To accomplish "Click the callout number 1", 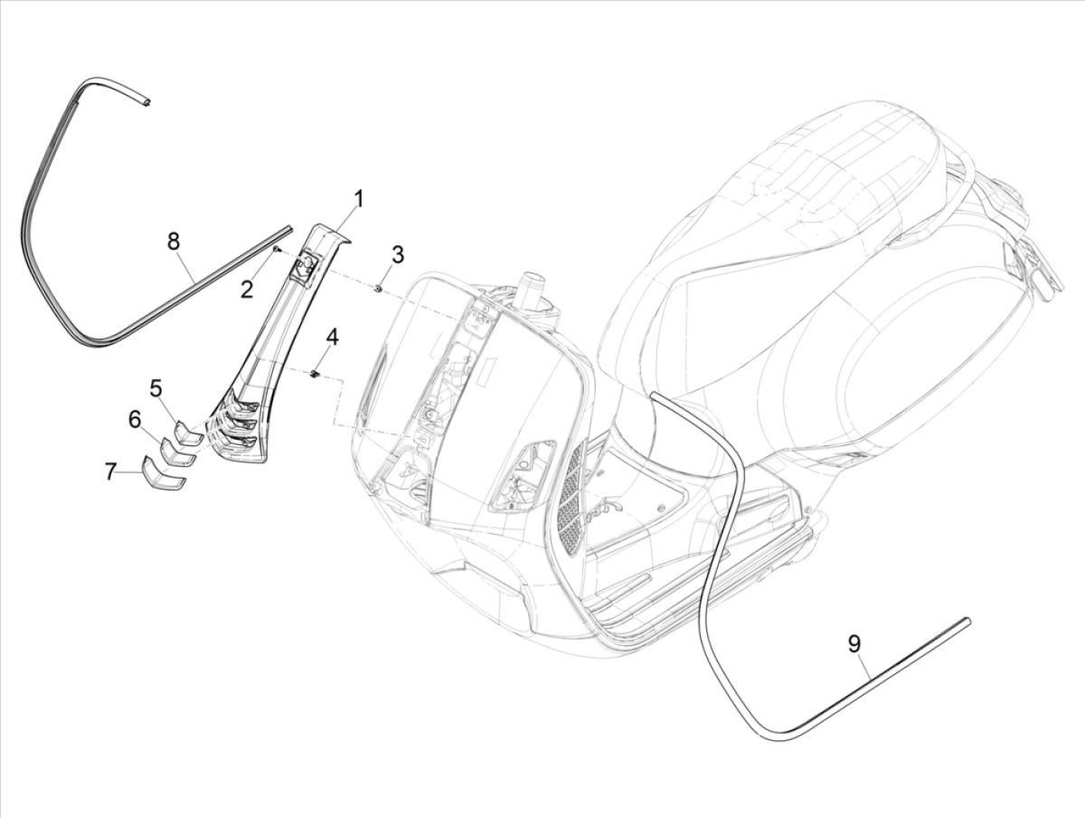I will (x=358, y=198).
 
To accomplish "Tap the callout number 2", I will (x=246, y=289).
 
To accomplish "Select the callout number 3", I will (x=397, y=254).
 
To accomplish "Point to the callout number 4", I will (x=333, y=338).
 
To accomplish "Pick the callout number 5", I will (x=156, y=388).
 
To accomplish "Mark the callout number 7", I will (x=110, y=471).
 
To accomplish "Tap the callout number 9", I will (x=854, y=643).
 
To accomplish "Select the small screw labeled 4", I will (x=315, y=373).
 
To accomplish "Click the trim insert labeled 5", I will (x=188, y=433).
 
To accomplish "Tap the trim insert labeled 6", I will (x=177, y=453).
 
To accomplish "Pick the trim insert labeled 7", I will (x=164, y=474).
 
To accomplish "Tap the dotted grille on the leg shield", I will (x=571, y=502).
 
